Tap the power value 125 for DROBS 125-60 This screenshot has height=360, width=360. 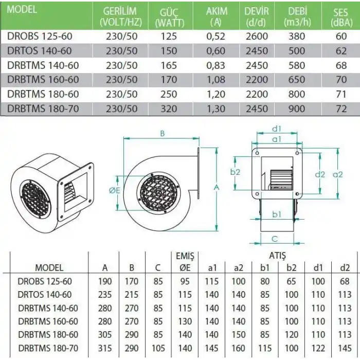click(168, 37)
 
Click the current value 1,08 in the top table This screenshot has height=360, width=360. click(215, 80)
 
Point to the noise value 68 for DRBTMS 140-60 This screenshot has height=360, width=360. click(339, 65)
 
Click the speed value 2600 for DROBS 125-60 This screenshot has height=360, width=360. click(257, 37)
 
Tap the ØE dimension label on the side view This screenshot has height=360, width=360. click(115, 191)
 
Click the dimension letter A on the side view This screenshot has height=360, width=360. click(217, 188)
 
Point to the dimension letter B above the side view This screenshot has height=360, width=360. click(162, 133)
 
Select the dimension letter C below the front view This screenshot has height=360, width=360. click(275, 239)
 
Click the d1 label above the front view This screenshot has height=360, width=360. click(276, 129)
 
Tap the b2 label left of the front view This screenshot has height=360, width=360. click(236, 172)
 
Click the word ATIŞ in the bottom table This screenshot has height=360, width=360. click(278, 256)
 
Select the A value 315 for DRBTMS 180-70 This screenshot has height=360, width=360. click(105, 348)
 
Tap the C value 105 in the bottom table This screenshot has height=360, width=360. click(158, 348)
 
